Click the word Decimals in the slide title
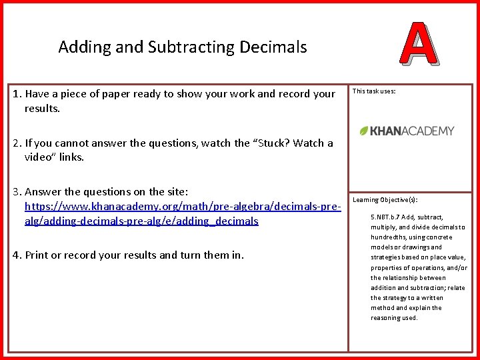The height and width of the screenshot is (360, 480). click(x=274, y=47)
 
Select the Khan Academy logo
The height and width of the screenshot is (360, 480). click(x=407, y=131)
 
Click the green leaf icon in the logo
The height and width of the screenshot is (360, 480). click(x=364, y=131)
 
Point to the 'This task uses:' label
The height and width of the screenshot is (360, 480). click(x=373, y=91)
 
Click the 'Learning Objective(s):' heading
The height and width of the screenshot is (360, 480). click(x=384, y=199)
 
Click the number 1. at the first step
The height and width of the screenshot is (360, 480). click(x=17, y=94)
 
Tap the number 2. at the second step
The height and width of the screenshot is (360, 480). click(x=17, y=143)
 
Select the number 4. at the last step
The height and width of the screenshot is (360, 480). click(x=17, y=255)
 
